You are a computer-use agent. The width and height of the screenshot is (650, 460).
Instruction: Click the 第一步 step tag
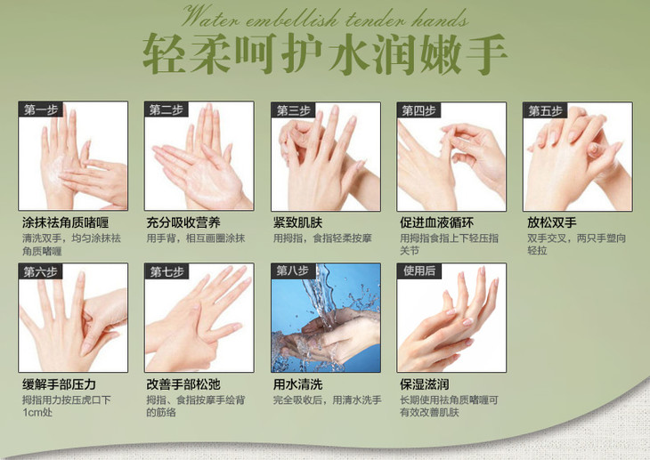[x=41, y=109]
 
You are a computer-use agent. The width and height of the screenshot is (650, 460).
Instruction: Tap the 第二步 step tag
[x=167, y=109]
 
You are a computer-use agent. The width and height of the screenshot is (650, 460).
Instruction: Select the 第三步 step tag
[x=294, y=110]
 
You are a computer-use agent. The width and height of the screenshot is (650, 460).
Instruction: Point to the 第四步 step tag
[x=419, y=110]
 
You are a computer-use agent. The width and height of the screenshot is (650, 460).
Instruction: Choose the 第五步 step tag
[x=545, y=110]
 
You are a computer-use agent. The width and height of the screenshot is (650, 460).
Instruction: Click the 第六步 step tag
[x=41, y=272]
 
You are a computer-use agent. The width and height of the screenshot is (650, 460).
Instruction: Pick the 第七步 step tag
[x=167, y=272]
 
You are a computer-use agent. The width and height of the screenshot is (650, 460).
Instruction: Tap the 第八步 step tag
[x=293, y=271]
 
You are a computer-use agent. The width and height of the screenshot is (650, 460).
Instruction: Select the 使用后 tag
[x=419, y=271]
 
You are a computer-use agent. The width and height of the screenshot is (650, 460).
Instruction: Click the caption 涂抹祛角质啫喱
[x=66, y=223]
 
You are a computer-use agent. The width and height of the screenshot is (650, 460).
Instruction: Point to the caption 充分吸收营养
[x=183, y=223]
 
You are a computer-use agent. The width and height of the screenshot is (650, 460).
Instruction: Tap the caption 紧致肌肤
[x=297, y=223]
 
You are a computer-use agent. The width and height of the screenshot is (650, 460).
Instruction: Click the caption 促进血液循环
[x=436, y=223]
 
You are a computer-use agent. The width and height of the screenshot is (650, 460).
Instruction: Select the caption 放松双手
[x=552, y=223]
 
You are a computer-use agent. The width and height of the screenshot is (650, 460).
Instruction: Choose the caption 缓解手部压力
[x=59, y=384]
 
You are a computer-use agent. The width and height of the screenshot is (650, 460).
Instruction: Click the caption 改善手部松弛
[x=183, y=384]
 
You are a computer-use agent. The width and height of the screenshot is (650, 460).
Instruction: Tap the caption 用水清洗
[x=297, y=384]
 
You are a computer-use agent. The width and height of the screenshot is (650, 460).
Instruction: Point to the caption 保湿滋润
[x=425, y=384]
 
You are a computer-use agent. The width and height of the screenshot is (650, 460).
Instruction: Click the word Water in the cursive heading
[x=210, y=18]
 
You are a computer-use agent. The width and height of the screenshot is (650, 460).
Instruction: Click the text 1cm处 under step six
[x=37, y=413]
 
